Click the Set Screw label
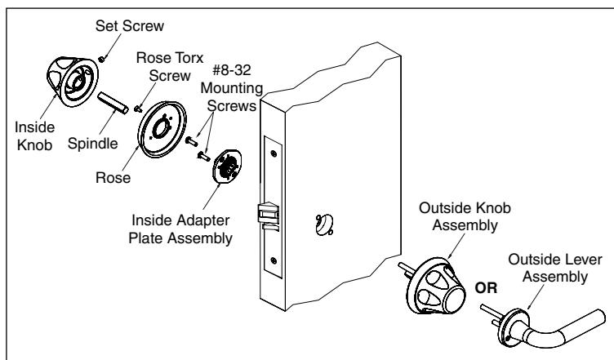point(130,26)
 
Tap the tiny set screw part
point(102,59)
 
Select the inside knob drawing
point(73,81)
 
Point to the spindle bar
point(113,103)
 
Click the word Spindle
point(93,144)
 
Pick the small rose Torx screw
point(138,109)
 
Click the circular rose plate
point(162,129)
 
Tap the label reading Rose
point(113,178)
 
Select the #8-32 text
point(231,70)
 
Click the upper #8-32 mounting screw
point(192,141)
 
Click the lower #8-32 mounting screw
point(203,156)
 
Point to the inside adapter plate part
point(227,166)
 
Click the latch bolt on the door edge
point(269,213)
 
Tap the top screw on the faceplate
point(274,153)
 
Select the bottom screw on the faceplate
point(274,260)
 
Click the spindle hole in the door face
point(324,225)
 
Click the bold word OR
point(486,288)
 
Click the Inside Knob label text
point(34,136)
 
